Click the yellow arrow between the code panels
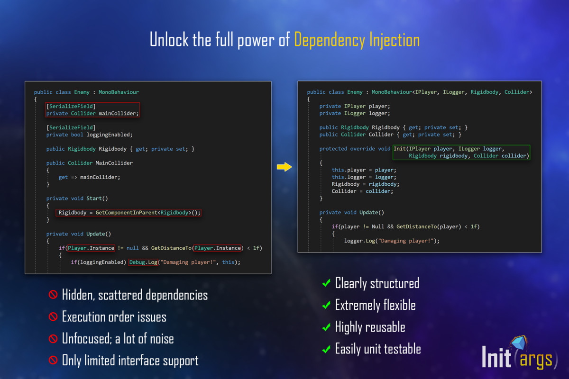[284, 167]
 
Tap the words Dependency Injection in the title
[357, 40]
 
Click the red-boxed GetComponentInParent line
[128, 212]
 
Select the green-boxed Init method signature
[461, 153]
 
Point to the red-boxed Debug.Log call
[144, 262]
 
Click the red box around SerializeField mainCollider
[92, 109]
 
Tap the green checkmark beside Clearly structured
[326, 282]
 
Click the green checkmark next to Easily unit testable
[326, 349]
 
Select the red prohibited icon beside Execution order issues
[53, 316]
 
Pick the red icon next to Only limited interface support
[53, 360]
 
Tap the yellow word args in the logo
[536, 360]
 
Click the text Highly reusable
[370, 327]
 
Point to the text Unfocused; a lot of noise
[118, 339]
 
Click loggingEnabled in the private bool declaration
[110, 135]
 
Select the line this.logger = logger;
[364, 177]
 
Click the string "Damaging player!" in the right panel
[406, 241]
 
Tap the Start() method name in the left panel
[97, 198]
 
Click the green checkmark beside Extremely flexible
[326, 305]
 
